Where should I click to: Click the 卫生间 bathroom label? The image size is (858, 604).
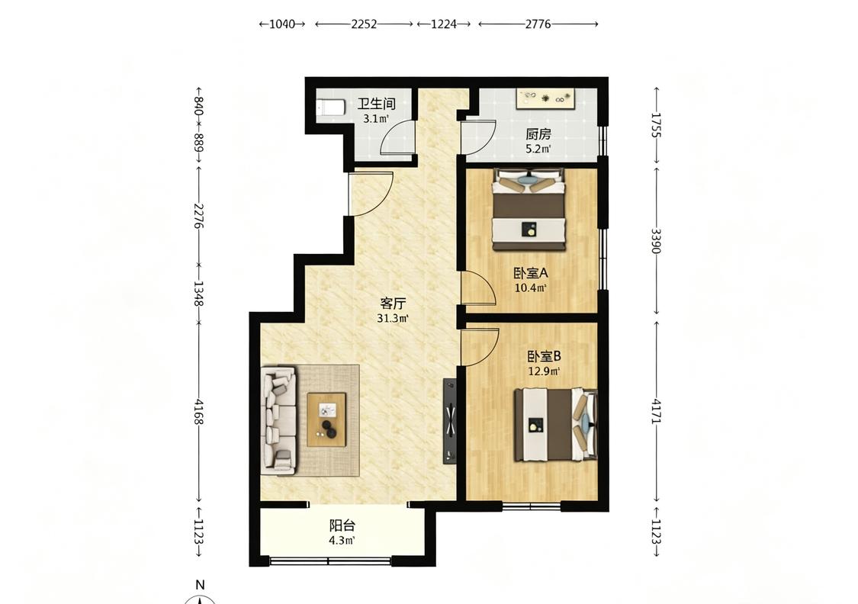coord(377,104)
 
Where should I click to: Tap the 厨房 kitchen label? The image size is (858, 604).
coord(538,134)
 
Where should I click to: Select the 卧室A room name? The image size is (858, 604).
coord(530,272)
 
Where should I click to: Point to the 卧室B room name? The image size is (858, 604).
coord(544,357)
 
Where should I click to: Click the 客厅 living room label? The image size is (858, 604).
coord(393,304)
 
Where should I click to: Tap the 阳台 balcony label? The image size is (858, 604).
coord(342,525)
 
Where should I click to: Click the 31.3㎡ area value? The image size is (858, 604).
coord(392,319)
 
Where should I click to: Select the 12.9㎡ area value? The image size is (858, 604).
coord(543,371)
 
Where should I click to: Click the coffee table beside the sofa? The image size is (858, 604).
coord(326,419)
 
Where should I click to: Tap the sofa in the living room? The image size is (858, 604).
coord(278,419)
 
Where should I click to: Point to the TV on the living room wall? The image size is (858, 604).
coord(450,421)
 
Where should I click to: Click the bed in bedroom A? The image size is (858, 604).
coord(529,210)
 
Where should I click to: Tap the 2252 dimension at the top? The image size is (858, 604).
coord(364,24)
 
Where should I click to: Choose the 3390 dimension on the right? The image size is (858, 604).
coord(657,241)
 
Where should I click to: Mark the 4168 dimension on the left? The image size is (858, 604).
coord(198,412)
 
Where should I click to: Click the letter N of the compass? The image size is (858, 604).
coord(201,585)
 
